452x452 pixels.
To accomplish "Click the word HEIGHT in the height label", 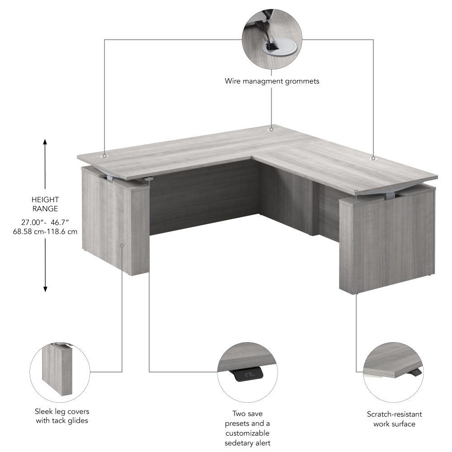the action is tap(45, 199).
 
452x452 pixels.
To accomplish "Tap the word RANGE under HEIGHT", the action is tap(45, 209).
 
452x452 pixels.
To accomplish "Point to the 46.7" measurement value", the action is tap(60, 222).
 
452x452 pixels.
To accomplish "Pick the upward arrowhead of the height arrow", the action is tap(45, 142).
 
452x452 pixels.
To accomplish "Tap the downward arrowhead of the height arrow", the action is tap(45, 289).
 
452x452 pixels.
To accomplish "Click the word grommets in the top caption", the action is tap(302, 81).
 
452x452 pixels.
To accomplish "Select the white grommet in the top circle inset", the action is tap(277, 47).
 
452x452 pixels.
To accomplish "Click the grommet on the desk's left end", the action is tap(105, 156).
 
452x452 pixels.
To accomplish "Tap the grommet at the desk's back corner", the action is tap(271, 129).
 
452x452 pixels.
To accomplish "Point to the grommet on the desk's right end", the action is tap(373, 158).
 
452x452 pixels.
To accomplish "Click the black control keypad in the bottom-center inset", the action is tap(248, 374).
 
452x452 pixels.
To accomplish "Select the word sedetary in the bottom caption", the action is tap(237, 443).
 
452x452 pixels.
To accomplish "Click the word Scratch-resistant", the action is tap(394, 414).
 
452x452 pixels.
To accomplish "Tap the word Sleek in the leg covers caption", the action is tap(42, 411).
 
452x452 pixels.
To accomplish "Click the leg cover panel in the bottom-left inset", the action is tap(57, 370).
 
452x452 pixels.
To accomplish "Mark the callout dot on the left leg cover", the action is tap(122, 245).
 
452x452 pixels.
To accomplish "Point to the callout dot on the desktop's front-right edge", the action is tap(356, 191).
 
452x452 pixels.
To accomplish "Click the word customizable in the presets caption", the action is tap(247, 433).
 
